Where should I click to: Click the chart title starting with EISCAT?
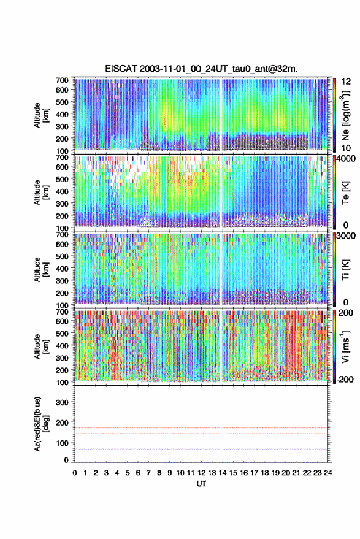(201, 69)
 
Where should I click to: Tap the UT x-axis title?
(201, 484)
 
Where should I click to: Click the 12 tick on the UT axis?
(201, 473)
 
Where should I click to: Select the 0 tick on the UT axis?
(75, 473)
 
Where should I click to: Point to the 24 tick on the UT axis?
(327, 473)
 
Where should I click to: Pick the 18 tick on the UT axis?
(264, 473)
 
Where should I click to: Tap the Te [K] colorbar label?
(345, 193)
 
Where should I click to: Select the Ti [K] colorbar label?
(345, 270)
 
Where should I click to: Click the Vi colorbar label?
(345, 346)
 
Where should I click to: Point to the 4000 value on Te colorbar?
(347, 159)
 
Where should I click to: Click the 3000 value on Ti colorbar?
(347, 235)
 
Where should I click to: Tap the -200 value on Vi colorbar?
(345, 379)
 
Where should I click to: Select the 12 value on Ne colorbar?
(346, 82)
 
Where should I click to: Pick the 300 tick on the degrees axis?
(62, 402)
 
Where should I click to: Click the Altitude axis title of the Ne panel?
(41, 115)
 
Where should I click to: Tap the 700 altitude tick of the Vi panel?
(62, 312)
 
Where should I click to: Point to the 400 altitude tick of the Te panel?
(62, 191)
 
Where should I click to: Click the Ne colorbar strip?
(334, 115)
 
